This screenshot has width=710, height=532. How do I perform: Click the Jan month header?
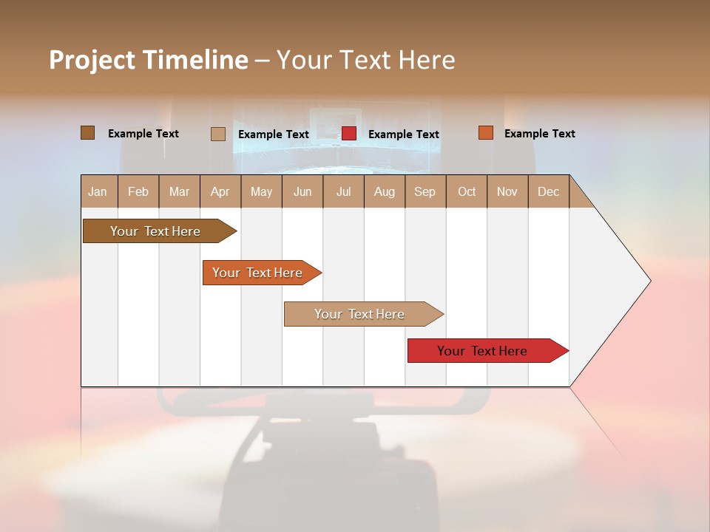(98, 191)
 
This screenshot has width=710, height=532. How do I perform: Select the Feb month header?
(138, 191)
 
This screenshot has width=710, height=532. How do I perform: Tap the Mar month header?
(179, 191)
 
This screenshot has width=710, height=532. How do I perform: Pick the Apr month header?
(220, 191)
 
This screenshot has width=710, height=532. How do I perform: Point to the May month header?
(261, 191)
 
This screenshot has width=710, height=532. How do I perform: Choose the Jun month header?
(302, 191)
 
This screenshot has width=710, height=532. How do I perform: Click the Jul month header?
(343, 191)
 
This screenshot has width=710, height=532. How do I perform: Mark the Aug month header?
(385, 191)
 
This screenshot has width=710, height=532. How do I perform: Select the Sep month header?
(425, 191)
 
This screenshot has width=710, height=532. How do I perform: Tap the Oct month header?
(467, 191)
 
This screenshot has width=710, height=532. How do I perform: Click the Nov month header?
(507, 191)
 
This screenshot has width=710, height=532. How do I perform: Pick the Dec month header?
(549, 191)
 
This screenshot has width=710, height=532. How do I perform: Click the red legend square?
(349, 134)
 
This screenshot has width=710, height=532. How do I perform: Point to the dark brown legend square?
(87, 133)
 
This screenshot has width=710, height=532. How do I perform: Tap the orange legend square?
(485, 133)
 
